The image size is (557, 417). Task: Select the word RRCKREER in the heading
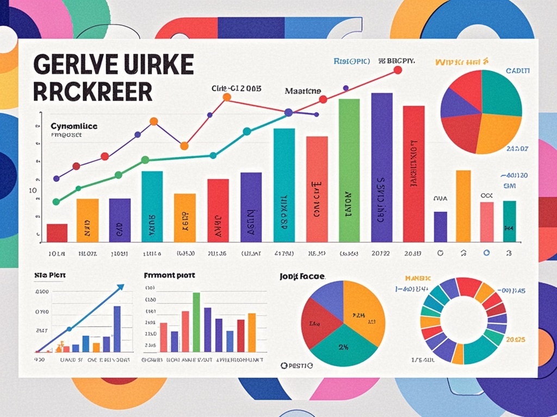tap(92, 92)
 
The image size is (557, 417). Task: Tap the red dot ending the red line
tap(397, 69)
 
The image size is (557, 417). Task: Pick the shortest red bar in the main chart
tap(57, 232)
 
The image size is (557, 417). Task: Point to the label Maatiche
tap(303, 91)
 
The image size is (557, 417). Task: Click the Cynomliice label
tap(74, 125)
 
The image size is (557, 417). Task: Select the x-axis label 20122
tap(381, 254)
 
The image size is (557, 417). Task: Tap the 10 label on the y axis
tap(33, 191)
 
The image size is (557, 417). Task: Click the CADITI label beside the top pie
tap(518, 71)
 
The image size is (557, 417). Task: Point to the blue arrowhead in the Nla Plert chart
tap(120, 288)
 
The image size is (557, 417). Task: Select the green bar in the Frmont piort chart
tap(196, 322)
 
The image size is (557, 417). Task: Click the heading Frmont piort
tap(169, 275)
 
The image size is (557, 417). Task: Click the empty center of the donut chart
tap(463, 321)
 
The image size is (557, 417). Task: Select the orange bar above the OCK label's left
tap(463, 206)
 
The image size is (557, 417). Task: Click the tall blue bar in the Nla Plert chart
tap(117, 329)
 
